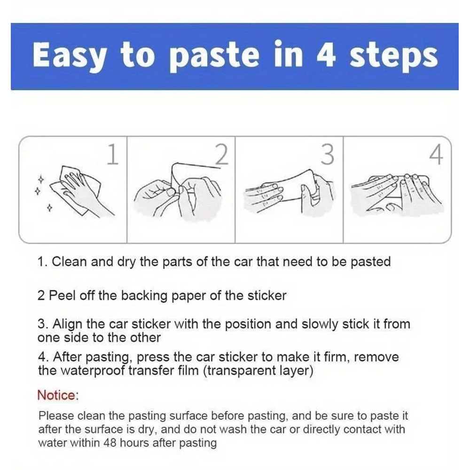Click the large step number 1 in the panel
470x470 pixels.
(113, 154)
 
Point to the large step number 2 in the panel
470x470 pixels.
(222, 154)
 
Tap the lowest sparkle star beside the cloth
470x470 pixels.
(49, 207)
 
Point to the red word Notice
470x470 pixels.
(58, 395)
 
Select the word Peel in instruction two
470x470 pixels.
(62, 296)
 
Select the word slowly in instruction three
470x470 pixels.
(320, 325)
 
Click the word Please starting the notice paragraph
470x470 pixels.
(56, 416)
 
